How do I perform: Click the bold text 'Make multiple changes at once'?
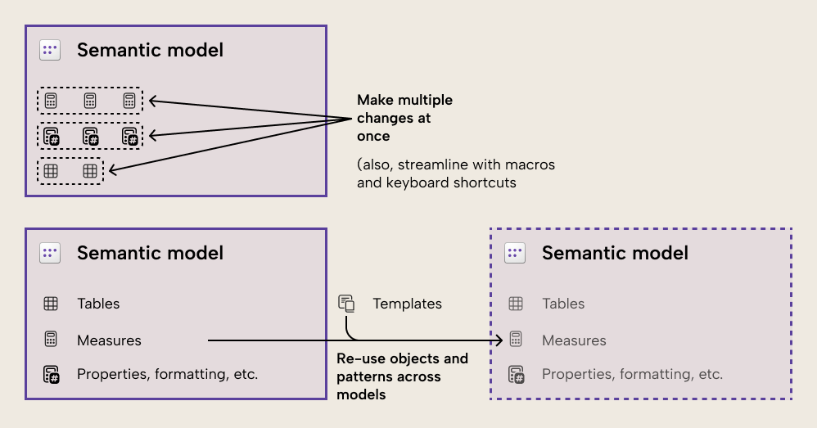coord(404,118)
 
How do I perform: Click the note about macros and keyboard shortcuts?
coord(455,173)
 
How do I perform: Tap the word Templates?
coord(407,304)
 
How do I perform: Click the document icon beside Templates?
coord(346,304)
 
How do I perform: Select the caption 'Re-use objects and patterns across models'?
coord(402,376)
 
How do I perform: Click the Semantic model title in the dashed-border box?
coord(615,253)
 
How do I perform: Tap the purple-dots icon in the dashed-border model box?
coord(515,253)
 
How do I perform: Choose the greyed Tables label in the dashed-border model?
coord(563,304)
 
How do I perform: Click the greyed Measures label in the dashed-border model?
coord(574,340)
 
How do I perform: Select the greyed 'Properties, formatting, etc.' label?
coord(632,374)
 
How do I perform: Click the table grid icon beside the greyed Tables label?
coord(516,304)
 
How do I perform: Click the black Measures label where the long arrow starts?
coord(109,340)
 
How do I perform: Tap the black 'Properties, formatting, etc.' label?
coord(167,374)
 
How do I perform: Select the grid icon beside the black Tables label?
coord(51,304)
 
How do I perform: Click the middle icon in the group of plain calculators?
coord(90,101)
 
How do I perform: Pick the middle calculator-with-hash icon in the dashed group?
coord(90,136)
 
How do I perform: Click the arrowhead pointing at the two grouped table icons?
coord(112,170)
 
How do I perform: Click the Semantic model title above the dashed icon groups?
coord(150,50)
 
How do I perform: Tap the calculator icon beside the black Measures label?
coord(51,340)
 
